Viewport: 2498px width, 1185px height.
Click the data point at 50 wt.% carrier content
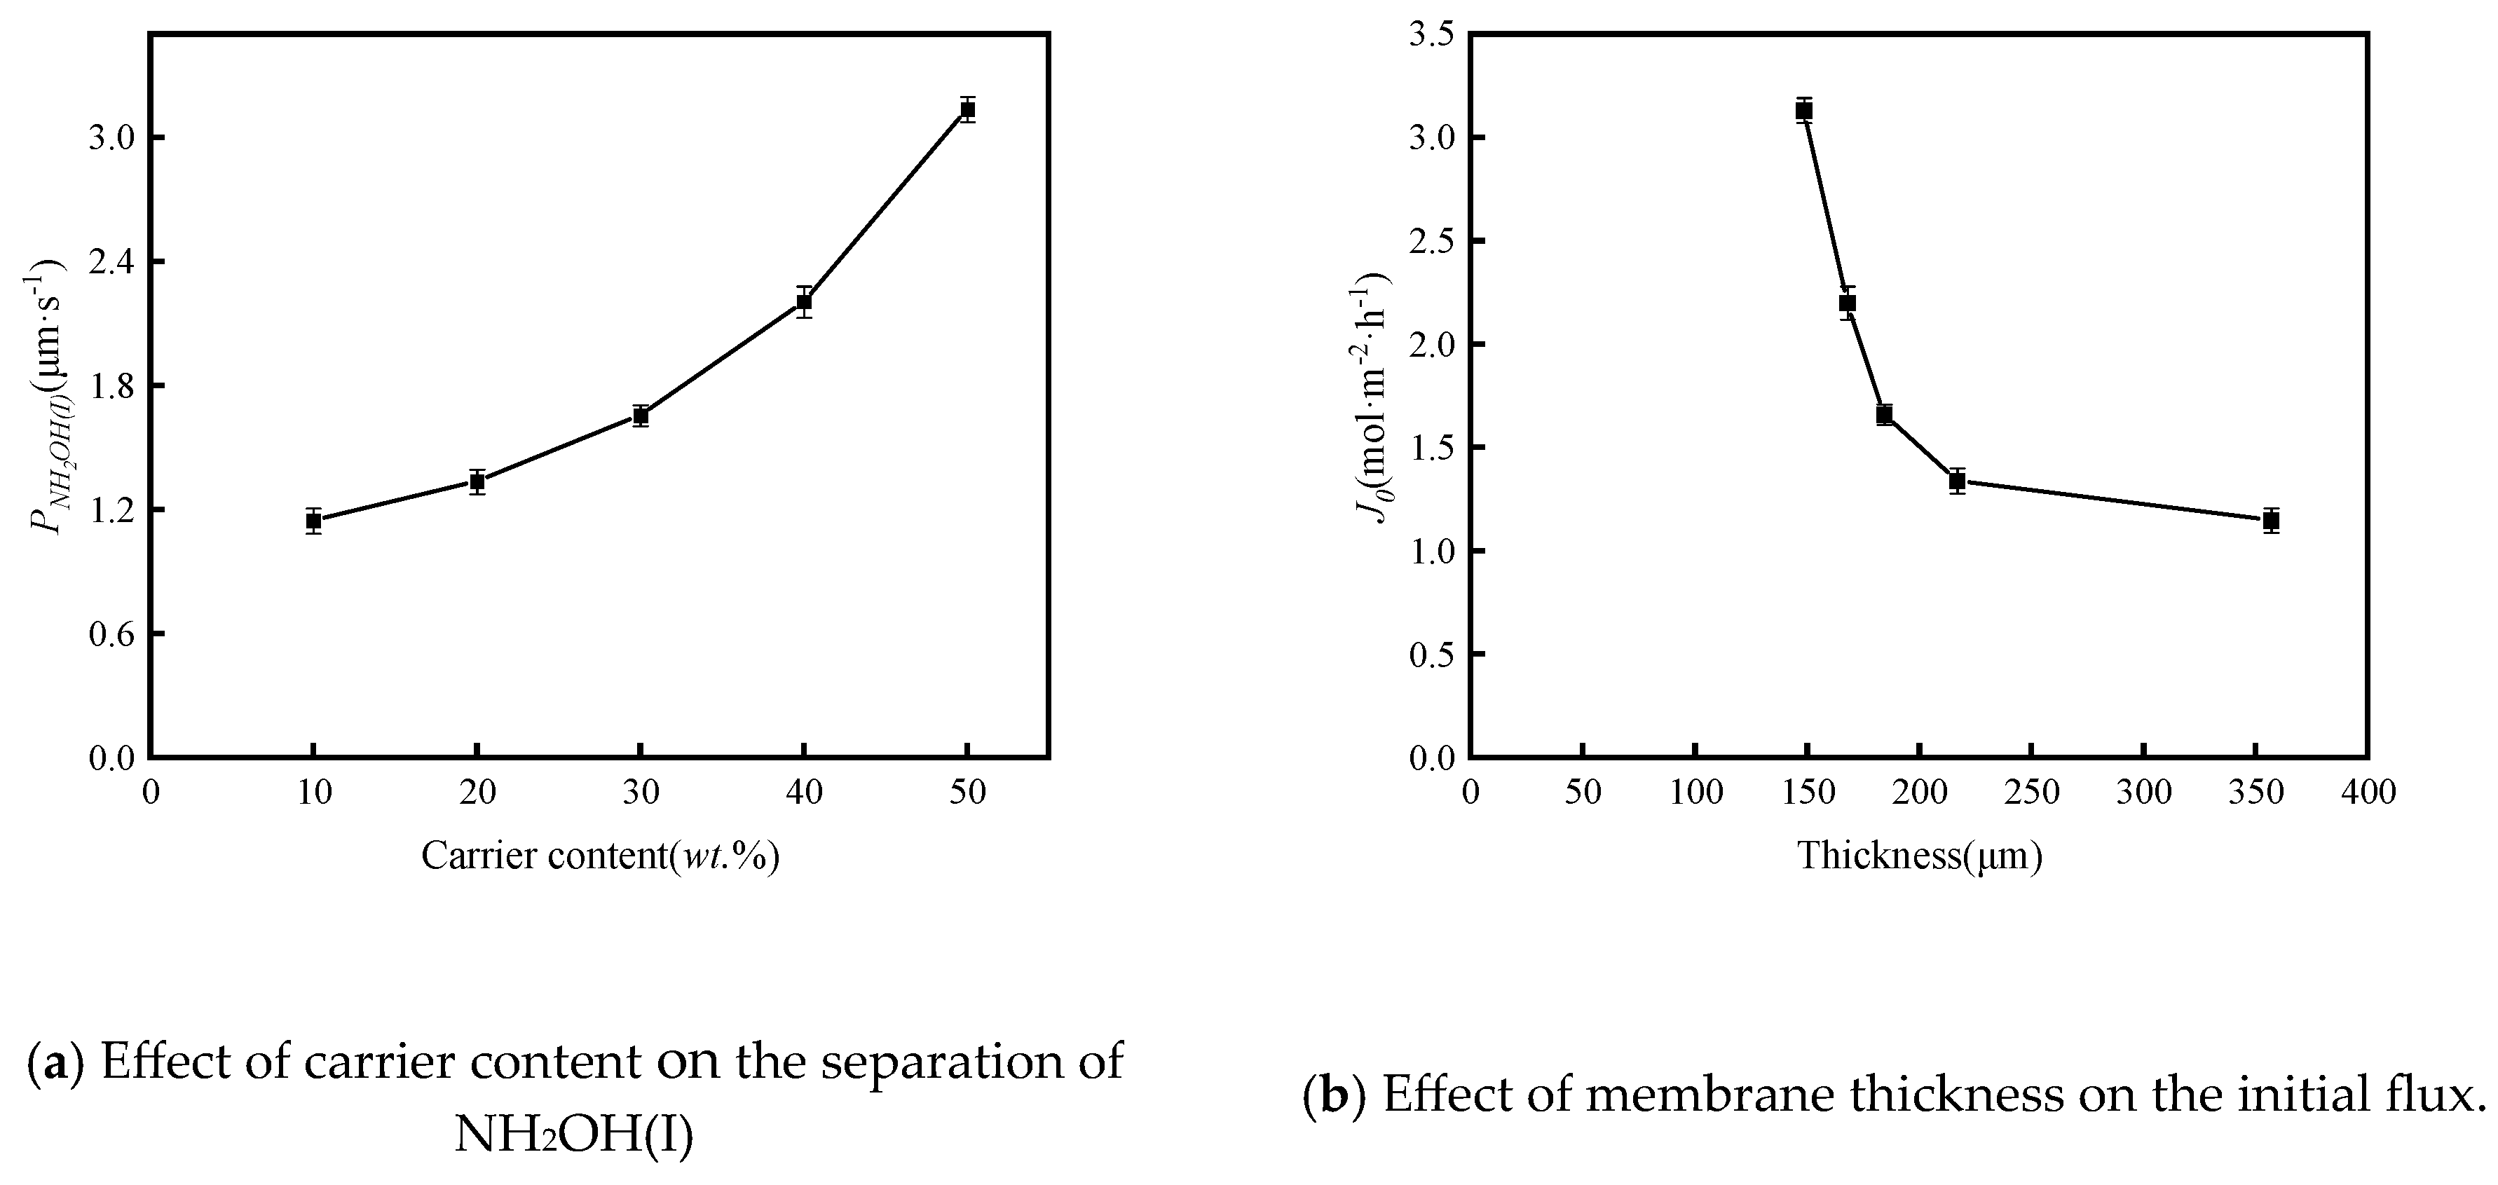967,109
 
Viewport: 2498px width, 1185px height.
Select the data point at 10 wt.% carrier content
313,521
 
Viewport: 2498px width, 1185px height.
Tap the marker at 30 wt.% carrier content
640,416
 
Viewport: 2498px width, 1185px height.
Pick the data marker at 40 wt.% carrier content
804,301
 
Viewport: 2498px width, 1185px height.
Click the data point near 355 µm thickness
2270,521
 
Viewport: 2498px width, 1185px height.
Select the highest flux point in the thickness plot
1803,111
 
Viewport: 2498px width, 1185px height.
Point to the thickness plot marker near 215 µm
1957,481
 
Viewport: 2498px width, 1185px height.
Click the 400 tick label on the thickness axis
2369,793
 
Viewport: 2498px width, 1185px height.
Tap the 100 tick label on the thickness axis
1695,793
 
